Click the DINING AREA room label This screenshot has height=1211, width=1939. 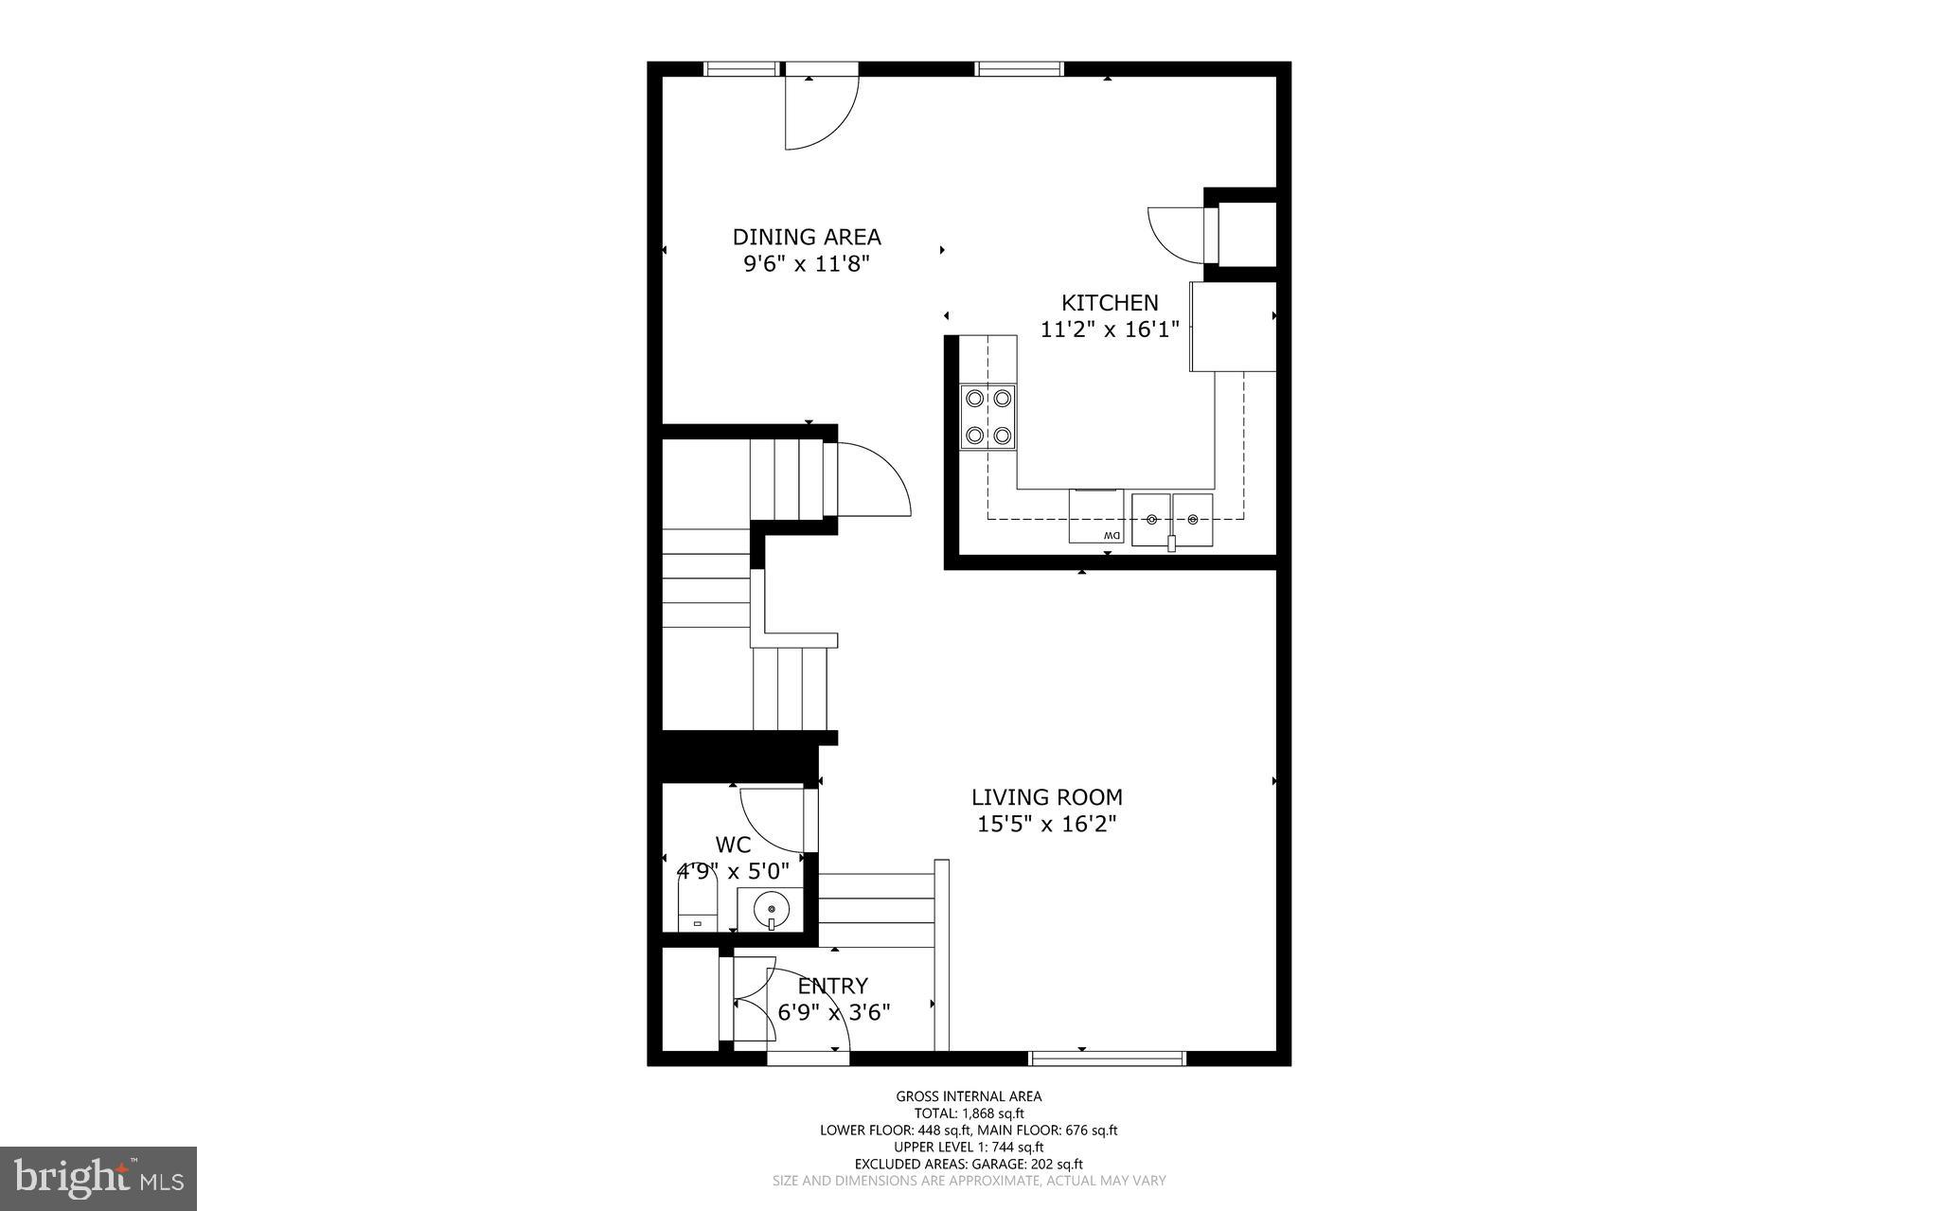pyautogui.click(x=807, y=237)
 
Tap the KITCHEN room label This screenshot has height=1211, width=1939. pyautogui.click(x=1110, y=303)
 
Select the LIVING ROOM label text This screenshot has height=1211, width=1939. pyautogui.click(x=1047, y=797)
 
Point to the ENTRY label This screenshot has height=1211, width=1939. pyautogui.click(x=832, y=987)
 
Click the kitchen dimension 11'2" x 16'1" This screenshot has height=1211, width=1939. pyautogui.click(x=1110, y=329)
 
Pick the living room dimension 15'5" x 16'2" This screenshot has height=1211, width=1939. pyautogui.click(x=1047, y=824)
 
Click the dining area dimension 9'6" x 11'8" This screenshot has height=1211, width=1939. pyautogui.click(x=807, y=263)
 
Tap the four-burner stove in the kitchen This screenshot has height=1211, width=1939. pyautogui.click(x=988, y=417)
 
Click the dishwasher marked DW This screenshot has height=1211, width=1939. pyautogui.click(x=1096, y=517)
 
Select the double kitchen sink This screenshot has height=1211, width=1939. pyautogui.click(x=1172, y=520)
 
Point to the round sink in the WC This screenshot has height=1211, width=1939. pyautogui.click(x=771, y=910)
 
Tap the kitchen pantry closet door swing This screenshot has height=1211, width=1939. pyautogui.click(x=1174, y=233)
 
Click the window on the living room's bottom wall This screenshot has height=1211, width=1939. pyautogui.click(x=1107, y=1058)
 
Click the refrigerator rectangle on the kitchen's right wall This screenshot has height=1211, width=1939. pyautogui.click(x=1234, y=327)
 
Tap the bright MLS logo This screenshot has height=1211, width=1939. pyautogui.click(x=98, y=1177)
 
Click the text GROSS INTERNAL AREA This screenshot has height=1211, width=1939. pyautogui.click(x=969, y=1096)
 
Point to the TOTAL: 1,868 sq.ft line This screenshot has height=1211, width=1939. pyautogui.click(x=969, y=1113)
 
